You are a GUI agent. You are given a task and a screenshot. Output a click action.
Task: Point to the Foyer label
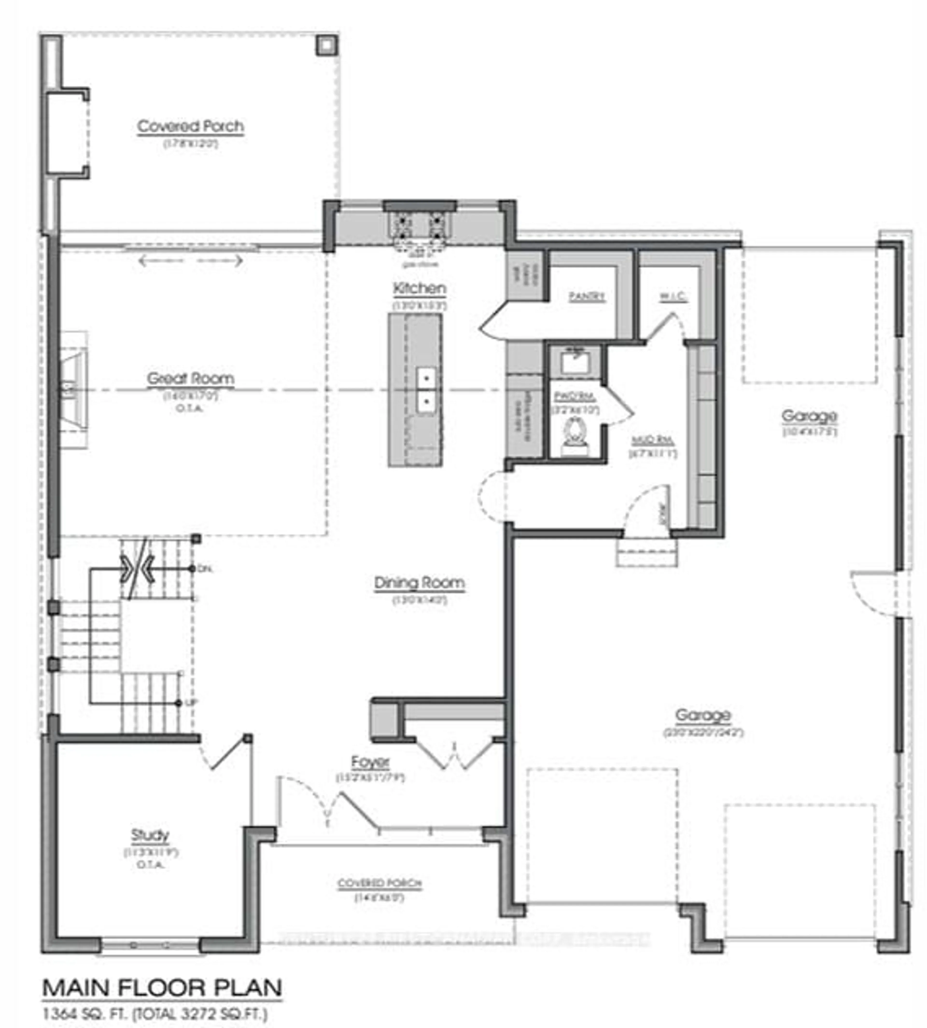tap(370, 762)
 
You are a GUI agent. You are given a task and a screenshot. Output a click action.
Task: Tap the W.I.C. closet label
tap(673, 296)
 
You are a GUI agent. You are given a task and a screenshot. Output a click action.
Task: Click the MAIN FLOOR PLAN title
tap(162, 988)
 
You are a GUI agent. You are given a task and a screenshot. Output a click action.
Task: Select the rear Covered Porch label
tap(190, 126)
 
